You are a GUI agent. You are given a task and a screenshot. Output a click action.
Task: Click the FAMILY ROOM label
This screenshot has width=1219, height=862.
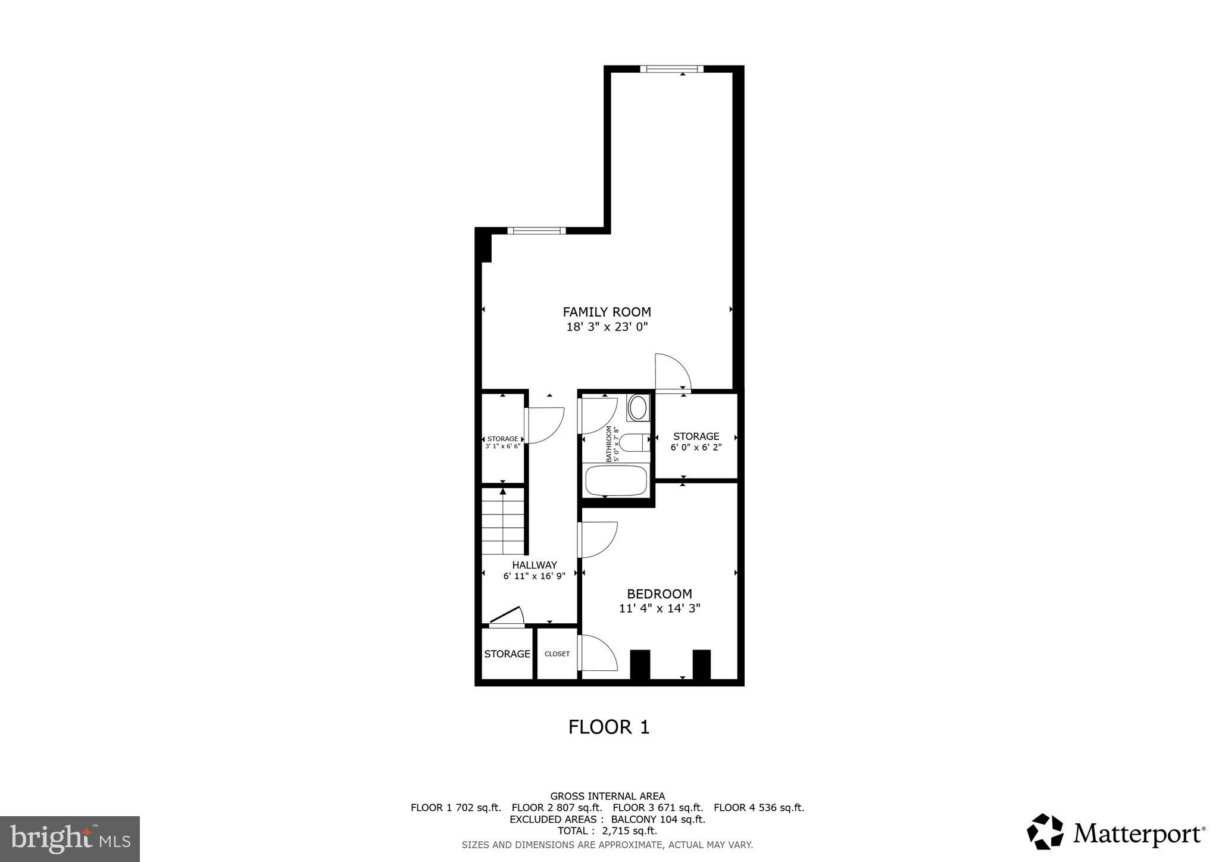(x=607, y=312)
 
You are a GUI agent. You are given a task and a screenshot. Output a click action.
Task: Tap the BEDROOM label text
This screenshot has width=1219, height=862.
(x=659, y=594)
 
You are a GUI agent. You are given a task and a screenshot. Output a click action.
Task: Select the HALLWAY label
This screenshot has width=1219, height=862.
(x=534, y=565)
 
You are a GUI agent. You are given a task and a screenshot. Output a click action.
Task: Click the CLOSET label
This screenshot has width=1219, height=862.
(x=557, y=654)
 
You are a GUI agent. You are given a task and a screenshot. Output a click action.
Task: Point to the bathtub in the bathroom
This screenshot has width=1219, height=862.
(x=616, y=480)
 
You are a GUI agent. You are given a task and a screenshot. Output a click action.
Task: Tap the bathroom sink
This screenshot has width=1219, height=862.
(x=638, y=408)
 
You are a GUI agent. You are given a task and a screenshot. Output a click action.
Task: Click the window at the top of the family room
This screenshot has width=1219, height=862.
(x=671, y=69)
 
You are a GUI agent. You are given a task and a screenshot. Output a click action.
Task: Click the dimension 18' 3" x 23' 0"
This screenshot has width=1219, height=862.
(x=607, y=327)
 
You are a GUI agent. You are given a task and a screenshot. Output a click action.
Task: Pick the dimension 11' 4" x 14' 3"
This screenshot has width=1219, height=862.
(x=659, y=608)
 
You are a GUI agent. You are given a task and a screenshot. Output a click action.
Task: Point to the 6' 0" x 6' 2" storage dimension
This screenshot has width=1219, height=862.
(x=696, y=447)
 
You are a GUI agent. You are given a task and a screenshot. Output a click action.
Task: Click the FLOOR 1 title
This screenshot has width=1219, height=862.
(x=609, y=727)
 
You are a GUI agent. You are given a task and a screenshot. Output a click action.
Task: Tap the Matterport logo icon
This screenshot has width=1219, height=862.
(x=1045, y=832)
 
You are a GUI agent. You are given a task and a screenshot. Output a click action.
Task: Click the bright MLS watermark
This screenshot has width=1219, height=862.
(x=70, y=839)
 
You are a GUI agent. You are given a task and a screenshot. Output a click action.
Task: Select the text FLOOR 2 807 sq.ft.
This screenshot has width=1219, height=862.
(x=557, y=808)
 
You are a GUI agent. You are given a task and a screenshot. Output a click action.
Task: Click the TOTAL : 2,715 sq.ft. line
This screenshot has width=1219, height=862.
(x=607, y=831)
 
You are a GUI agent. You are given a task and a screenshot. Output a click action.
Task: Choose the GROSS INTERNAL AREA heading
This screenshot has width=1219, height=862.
(x=607, y=796)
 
